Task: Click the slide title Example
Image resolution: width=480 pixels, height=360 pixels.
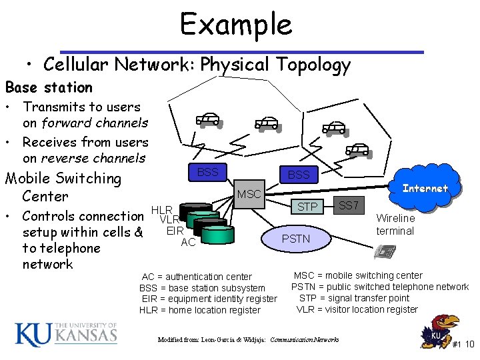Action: [x=236, y=25]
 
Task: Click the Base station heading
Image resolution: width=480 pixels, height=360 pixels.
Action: [x=49, y=87]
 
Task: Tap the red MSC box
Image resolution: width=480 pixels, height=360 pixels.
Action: [x=249, y=194]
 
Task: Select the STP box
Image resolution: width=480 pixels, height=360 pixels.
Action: [x=307, y=207]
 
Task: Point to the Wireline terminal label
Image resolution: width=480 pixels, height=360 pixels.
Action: [x=395, y=225]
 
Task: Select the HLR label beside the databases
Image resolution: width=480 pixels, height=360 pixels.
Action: [x=161, y=210]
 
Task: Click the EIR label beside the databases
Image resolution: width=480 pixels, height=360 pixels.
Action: [x=175, y=231]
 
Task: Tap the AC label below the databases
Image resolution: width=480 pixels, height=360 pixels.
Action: [x=188, y=242]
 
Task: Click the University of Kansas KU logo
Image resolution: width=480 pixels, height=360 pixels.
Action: [x=65, y=333]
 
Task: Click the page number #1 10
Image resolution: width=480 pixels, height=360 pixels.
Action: [x=463, y=345]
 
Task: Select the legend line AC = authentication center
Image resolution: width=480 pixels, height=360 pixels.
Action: [x=197, y=277]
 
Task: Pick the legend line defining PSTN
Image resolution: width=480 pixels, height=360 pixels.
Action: [x=380, y=287]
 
